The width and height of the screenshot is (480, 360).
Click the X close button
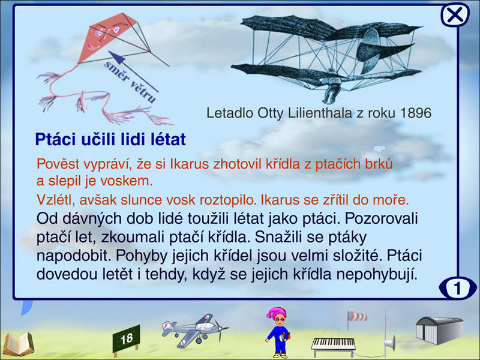455,14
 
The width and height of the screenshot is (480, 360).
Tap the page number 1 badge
458,288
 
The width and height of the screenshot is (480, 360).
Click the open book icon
19,344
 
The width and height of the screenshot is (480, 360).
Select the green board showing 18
127,339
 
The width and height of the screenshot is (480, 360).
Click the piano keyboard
334,343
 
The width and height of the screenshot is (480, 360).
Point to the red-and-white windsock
358,317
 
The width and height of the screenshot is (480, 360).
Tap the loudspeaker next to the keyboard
389,342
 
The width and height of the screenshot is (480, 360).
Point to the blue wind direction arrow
133,71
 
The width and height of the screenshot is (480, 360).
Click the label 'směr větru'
130,82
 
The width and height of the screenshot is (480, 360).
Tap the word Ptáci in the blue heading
55,139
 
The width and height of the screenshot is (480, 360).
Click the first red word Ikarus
190,164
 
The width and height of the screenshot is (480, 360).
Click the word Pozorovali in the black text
381,218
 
